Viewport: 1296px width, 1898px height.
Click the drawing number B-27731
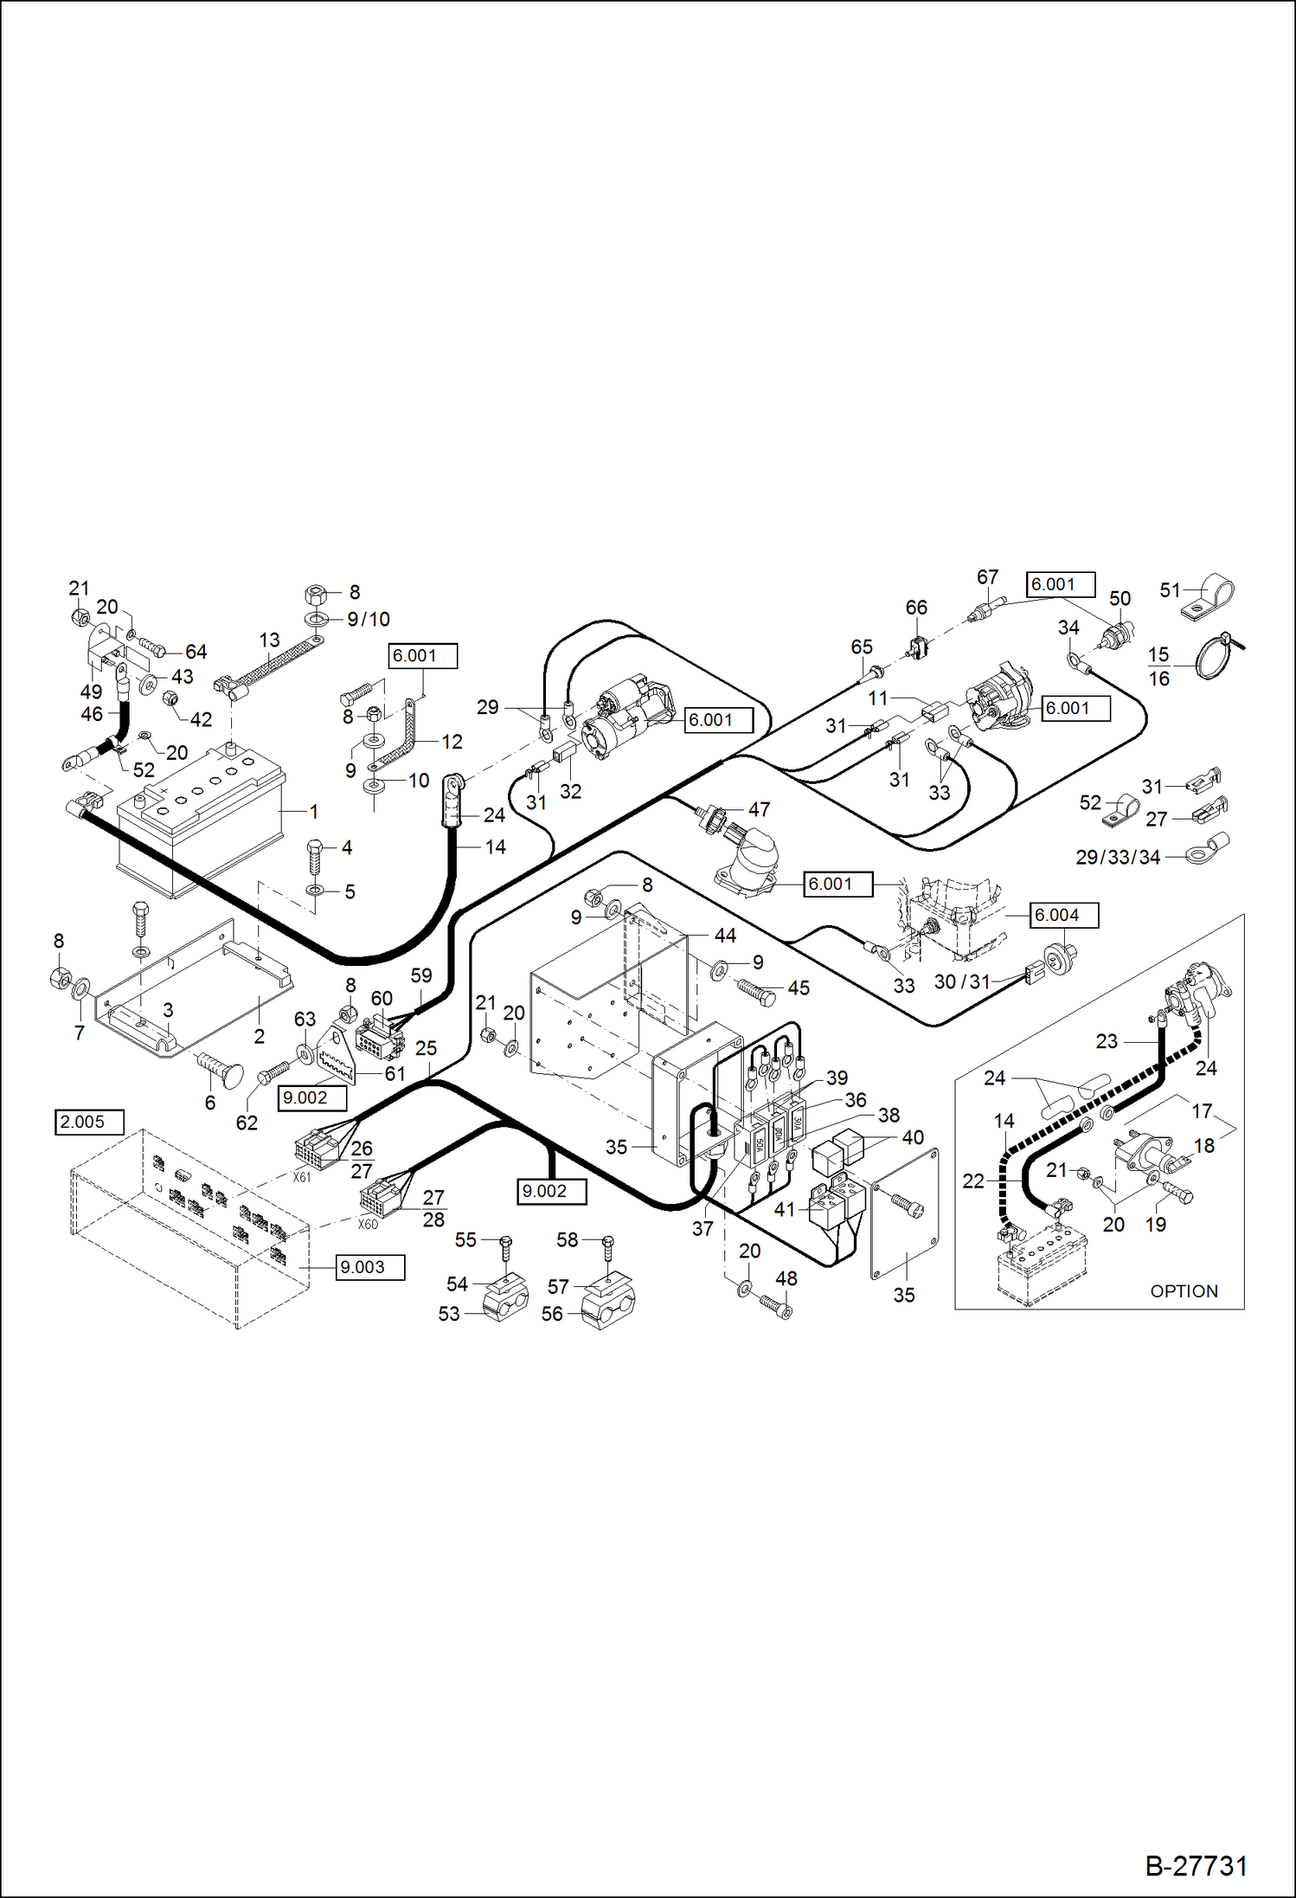coord(1196,1865)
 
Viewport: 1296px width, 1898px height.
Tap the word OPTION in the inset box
coord(1184,1290)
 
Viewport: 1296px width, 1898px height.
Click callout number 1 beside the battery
coord(314,812)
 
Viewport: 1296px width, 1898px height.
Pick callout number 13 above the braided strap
coord(269,640)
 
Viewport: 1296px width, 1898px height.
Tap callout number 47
coord(759,809)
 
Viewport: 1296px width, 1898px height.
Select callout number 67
coord(987,576)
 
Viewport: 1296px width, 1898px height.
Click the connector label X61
coord(301,1177)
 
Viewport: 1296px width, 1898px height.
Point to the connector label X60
coord(368,1224)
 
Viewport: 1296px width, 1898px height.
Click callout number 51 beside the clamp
coord(1170,589)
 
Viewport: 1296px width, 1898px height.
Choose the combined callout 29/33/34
coord(1117,857)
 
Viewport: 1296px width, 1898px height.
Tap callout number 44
coord(725,936)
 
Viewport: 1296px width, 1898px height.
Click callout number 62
coord(247,1123)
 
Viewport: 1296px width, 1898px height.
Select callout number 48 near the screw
coord(786,1278)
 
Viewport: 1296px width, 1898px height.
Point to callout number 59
coord(421,975)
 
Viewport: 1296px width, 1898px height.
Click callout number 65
coord(862,647)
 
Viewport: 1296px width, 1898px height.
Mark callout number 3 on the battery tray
coord(168,1010)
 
